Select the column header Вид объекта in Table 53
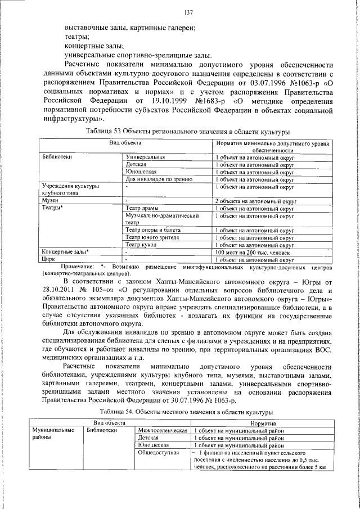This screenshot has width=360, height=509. [125, 143]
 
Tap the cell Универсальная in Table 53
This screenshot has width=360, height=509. [145, 157]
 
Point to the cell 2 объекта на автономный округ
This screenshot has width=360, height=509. [255, 200]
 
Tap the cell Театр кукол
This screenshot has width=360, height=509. [142, 244]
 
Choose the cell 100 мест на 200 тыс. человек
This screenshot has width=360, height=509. [251, 251]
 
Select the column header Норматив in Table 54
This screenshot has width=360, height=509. [259, 422]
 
